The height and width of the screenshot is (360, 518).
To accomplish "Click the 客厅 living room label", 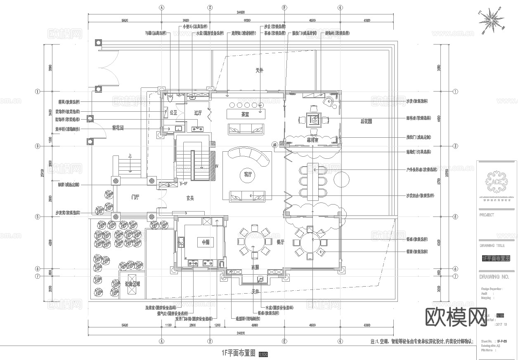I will click(x=247, y=175).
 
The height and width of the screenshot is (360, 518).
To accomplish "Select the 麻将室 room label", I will click(x=312, y=140).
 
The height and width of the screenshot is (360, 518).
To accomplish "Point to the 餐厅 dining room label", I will click(x=280, y=242).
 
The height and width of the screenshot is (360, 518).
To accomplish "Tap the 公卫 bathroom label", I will click(x=173, y=112).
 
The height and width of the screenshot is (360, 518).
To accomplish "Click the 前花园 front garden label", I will click(x=118, y=128).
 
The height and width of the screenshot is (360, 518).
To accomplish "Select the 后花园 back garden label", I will click(x=366, y=121).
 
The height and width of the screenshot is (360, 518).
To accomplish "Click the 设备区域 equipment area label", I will click(x=132, y=284).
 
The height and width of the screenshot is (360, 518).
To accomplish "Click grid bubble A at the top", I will click(x=162, y=7).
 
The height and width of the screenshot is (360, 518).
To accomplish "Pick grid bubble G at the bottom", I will click(x=340, y=341).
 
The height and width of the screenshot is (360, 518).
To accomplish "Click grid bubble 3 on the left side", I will click(x=38, y=146).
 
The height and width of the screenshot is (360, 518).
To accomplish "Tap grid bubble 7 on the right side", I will click(x=456, y=276).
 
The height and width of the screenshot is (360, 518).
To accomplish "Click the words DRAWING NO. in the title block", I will click(x=494, y=277).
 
